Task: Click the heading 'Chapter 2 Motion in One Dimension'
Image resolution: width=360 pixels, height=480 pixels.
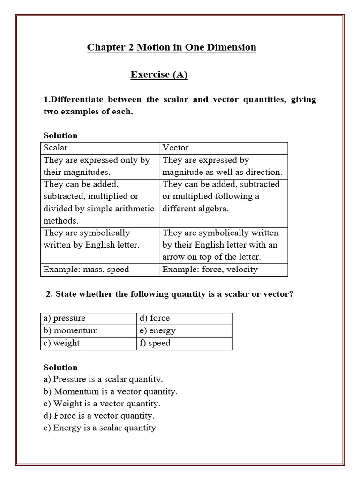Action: coord(172,47)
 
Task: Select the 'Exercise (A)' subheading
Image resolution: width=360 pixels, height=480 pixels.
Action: coord(159,75)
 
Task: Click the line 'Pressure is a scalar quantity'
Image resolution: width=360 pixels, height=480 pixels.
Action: coord(103,379)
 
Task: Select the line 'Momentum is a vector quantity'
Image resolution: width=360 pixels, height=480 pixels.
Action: coord(111,391)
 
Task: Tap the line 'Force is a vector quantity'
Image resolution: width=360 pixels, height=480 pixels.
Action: coord(99,416)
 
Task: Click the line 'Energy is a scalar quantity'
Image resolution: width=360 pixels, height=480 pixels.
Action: coord(101,428)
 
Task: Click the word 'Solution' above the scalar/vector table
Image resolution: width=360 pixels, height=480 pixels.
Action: coord(60,135)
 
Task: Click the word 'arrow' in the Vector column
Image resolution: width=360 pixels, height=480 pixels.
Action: coord(174,257)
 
